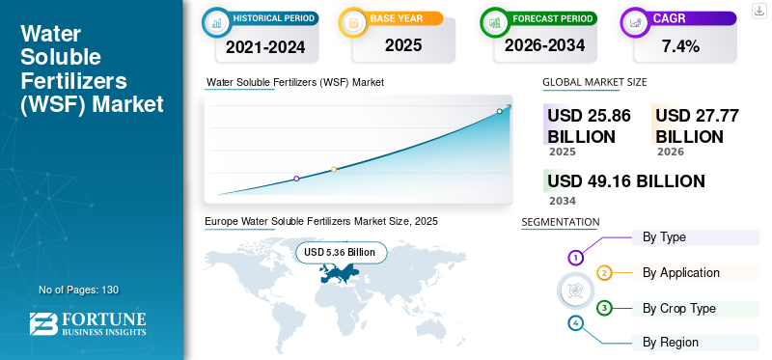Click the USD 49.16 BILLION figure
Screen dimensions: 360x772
tap(625, 180)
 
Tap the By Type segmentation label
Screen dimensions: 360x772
tap(664, 236)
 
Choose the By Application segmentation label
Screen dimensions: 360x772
tap(680, 272)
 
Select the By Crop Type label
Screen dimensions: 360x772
tap(679, 308)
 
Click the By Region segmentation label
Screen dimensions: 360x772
tap(670, 342)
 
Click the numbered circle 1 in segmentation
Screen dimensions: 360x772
tap(575, 258)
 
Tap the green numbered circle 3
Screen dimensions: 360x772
tap(604, 308)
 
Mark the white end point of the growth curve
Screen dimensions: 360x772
tap(500, 112)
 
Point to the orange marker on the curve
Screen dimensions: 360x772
tap(334, 169)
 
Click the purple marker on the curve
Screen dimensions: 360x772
tap(296, 179)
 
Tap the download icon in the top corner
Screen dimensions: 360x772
tap(758, 11)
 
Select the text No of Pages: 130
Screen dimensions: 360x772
tap(78, 290)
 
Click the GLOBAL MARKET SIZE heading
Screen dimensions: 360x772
tap(594, 83)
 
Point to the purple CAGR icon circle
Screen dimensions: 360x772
tap(634, 21)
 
